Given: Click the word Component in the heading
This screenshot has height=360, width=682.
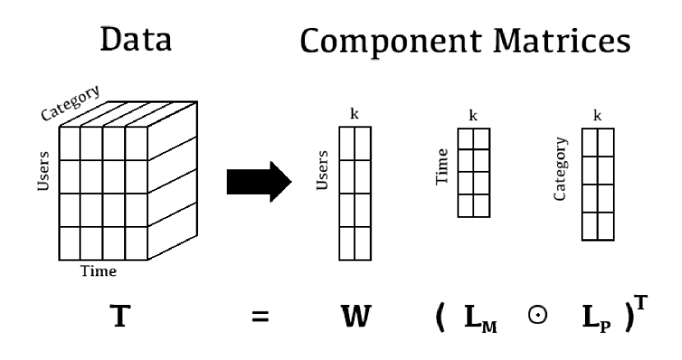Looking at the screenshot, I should pyautogui.click(x=379, y=39).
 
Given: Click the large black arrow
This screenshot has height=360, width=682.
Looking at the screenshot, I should pyautogui.click(x=259, y=179).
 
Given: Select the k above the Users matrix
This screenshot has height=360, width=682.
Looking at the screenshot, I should pyautogui.click(x=353, y=115).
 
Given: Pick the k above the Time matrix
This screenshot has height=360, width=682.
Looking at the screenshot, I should pyautogui.click(x=472, y=116).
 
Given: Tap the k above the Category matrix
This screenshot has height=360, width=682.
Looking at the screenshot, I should pyautogui.click(x=597, y=116).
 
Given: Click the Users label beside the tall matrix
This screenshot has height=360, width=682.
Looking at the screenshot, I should pyautogui.click(x=323, y=169).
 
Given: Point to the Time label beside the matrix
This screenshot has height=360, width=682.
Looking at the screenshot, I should pyautogui.click(x=443, y=165).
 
